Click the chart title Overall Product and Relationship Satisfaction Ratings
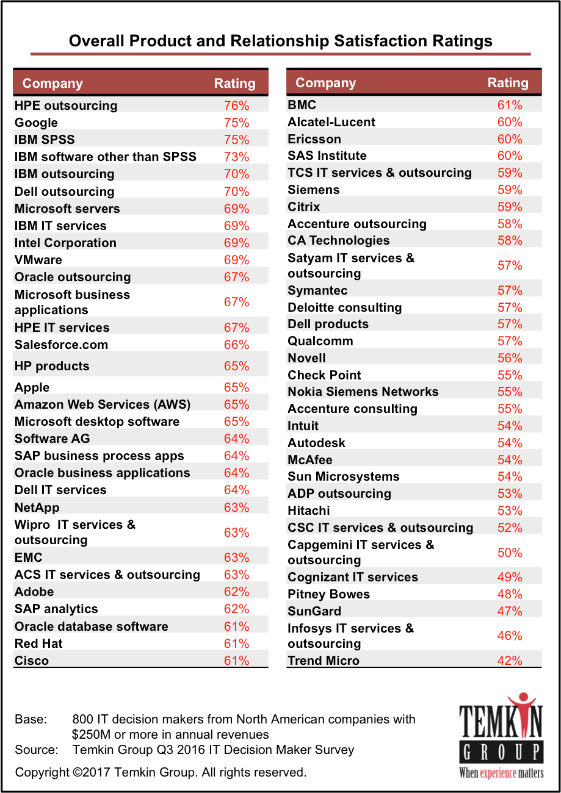280,41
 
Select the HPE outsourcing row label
66,106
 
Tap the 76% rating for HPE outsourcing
236,106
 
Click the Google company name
36,123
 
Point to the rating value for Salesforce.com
236,345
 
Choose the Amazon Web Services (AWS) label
103,404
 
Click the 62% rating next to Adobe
236,592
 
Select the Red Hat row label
38,644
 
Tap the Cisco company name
32,661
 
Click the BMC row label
302,105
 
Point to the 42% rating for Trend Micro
510,661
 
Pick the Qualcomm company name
320,341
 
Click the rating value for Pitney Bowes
510,594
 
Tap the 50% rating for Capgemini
510,553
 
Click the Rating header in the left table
234,84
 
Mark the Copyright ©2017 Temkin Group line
160,772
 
